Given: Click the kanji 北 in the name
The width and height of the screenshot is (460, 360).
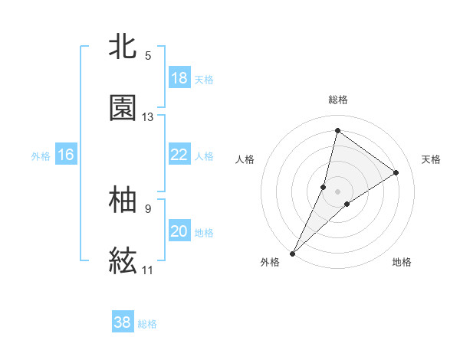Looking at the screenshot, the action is point(123,47).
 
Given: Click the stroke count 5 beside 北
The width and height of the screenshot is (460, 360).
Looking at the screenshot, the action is point(148,55).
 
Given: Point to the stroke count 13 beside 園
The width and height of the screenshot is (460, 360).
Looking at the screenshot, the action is point(148,117).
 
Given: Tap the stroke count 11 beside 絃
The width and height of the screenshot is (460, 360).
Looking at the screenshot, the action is point(148,270).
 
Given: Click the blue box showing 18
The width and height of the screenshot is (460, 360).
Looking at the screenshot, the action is point(179,77).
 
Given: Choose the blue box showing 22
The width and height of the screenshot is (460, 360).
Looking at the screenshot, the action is point(179,154).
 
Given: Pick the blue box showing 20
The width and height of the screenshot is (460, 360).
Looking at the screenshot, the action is point(179,231).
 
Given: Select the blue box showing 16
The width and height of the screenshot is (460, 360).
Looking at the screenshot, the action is point(66,155).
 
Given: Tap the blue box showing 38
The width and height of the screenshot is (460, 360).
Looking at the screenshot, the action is point(123,322).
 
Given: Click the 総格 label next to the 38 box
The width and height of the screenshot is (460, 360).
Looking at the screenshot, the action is point(147,324).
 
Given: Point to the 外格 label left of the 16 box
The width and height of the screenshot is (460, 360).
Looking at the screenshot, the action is point(41,156).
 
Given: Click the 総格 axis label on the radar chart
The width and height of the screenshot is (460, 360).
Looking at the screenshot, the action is point(338,100).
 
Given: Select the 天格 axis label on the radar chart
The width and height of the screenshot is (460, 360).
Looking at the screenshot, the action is point(432,159).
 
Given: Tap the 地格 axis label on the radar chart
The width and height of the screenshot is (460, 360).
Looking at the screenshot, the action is point(402,262).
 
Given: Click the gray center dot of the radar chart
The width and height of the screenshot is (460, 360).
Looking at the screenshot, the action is point(338,191).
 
